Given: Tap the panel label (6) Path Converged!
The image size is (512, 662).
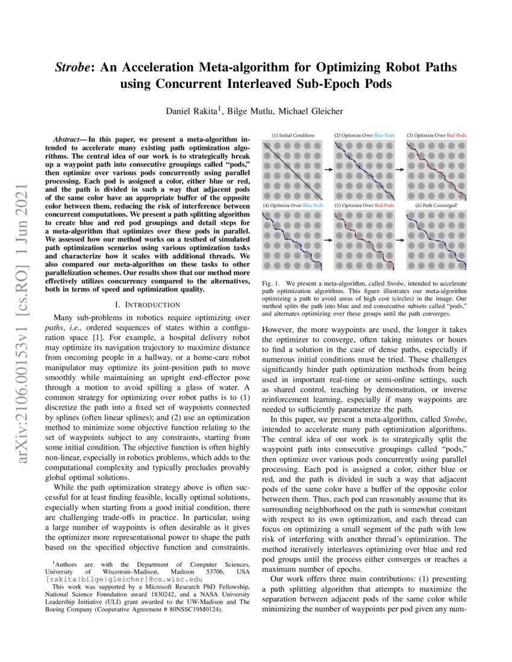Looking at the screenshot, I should coord(437,205).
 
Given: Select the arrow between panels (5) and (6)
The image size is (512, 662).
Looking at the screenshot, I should coord(401,240).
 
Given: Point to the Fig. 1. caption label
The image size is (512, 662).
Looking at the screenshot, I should coord(273,283).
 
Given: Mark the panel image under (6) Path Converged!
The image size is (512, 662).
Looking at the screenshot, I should coord(437,240).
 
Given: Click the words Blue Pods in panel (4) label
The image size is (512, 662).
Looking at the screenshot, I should coord(313,205).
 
